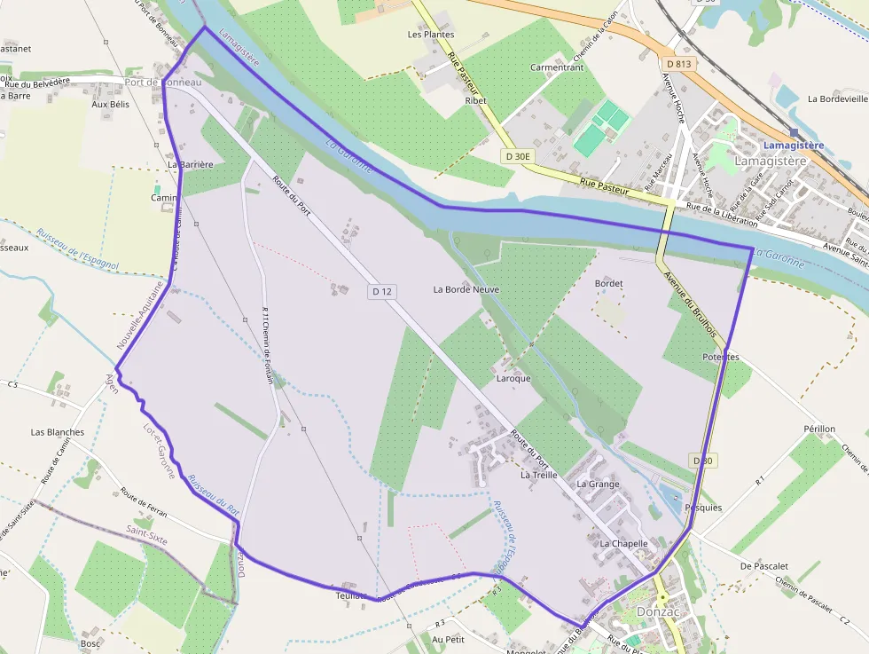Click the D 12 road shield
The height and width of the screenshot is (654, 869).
380,291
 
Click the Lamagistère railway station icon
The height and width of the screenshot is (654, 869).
794,131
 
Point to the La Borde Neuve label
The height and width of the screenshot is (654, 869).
466,289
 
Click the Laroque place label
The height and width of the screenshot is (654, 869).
513,378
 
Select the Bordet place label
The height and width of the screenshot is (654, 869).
609,284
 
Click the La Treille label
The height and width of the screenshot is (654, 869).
539,475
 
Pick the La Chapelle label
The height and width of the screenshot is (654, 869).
624,543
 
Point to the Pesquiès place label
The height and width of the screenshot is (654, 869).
703,508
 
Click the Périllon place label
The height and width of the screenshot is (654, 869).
819,429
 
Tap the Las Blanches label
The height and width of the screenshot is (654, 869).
58,432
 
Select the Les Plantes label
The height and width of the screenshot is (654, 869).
430,35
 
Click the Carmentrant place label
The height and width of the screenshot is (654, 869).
557,67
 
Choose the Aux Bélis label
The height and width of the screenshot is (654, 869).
110,104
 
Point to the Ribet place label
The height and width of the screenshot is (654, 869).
476,101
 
